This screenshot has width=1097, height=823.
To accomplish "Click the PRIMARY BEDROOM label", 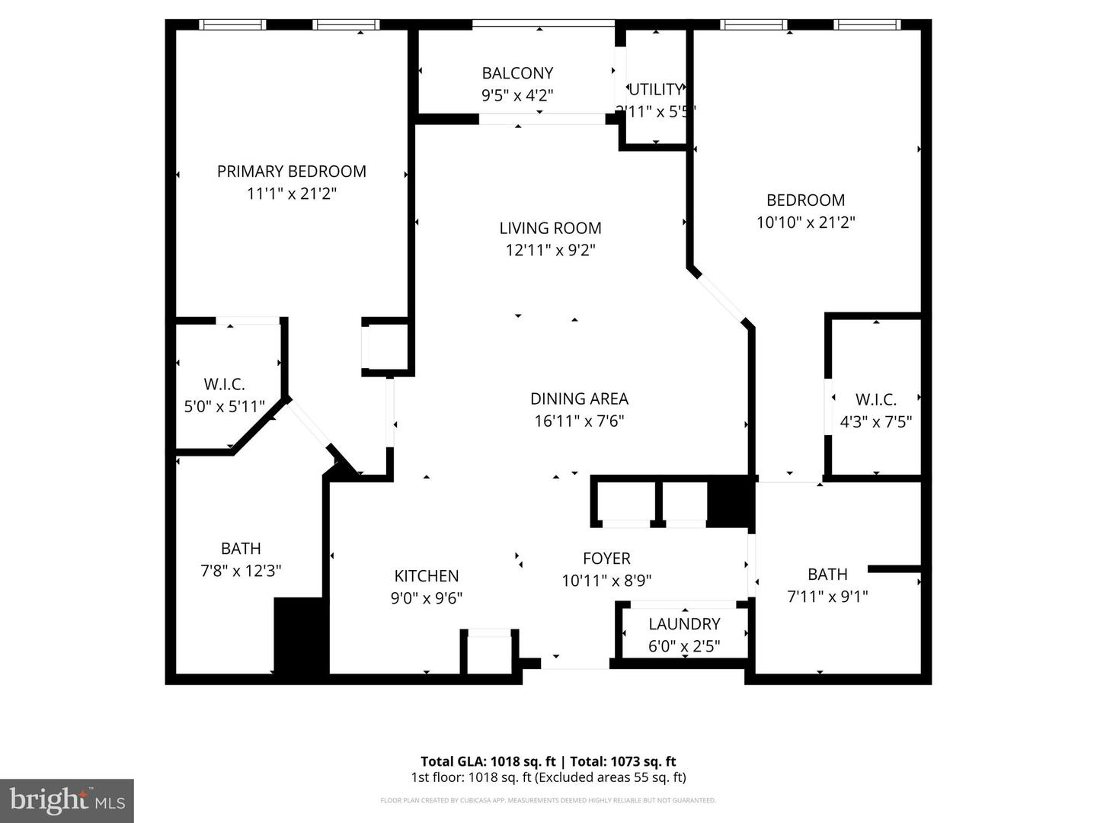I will point(291,171).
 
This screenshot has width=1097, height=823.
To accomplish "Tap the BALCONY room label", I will point(517,73).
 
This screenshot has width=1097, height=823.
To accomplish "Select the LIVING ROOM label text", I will point(550,228).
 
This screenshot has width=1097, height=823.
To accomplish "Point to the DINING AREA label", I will point(579,399).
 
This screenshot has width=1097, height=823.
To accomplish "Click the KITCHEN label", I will point(426,576).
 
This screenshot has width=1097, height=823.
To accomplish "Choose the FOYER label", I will point(606,559).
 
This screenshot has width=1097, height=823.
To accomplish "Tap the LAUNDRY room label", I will point(684,624).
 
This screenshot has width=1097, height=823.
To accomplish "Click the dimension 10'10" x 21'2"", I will point(805,223).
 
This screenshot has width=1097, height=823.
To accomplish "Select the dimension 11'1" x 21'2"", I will point(291,194).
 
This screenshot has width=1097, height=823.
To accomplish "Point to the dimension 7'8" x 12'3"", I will point(241,571).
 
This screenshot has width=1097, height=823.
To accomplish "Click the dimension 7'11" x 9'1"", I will point(827,597).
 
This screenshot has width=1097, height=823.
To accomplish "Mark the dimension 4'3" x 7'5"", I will point(875,422).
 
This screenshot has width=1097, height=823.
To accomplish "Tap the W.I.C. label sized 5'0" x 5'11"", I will point(224,385).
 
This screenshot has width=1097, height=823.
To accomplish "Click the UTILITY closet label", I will point(656,89).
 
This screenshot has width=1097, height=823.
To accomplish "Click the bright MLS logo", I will point(67,800).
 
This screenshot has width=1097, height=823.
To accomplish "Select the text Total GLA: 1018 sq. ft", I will point(488,761).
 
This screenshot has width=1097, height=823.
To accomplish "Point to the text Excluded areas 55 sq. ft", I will point(611,777).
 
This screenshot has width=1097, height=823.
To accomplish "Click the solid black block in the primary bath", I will point(300,636).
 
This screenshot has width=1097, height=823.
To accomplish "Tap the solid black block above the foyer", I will point(730,501).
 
